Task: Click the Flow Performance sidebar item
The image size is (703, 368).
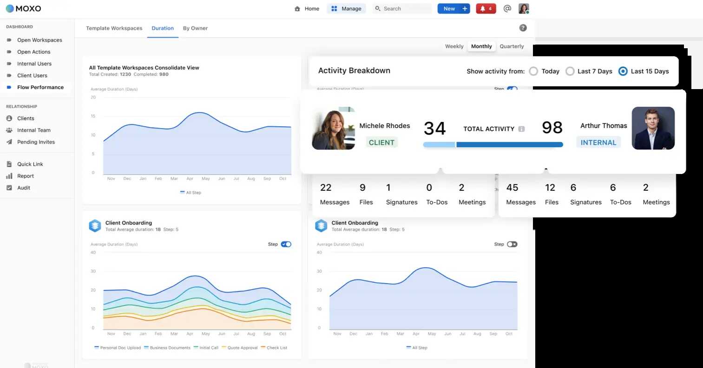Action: coord(40,87)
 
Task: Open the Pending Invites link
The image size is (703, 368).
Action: coord(36,142)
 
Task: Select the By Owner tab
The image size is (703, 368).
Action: coord(195,28)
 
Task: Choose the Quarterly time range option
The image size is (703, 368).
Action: coord(512,46)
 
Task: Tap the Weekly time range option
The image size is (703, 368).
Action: coord(454,46)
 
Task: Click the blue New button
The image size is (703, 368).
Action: coord(453,9)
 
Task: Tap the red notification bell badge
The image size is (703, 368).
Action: coord(486,9)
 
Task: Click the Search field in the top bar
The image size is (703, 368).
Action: coord(402,9)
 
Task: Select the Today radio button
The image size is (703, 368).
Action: coord(533,71)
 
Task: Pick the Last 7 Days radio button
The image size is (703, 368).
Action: coord(570,71)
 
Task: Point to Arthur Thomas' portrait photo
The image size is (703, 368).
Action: coord(653,129)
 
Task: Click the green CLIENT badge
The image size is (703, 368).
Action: coord(381,142)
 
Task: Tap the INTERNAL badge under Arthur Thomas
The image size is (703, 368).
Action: coord(598,142)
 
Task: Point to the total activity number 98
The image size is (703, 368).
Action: coord(552,128)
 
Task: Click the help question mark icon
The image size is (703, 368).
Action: coord(523,28)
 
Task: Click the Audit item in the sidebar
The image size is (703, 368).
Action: coord(24,188)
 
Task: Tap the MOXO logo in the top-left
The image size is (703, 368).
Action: coord(23,8)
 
